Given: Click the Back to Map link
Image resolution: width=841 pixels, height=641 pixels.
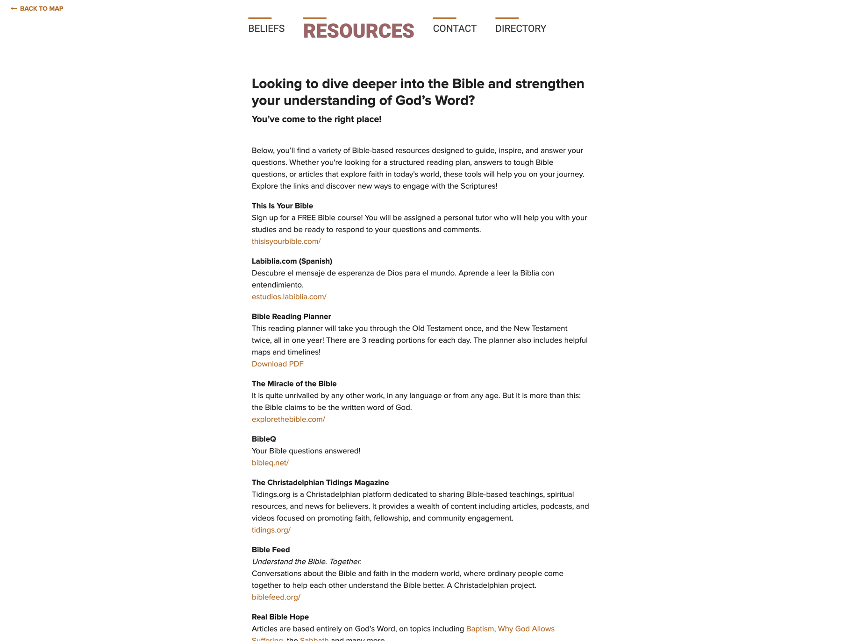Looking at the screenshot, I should coord(37,8).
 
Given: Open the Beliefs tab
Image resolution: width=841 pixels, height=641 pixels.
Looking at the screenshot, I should coord(266,28).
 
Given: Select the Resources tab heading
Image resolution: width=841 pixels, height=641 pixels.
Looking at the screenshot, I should coord(358,31).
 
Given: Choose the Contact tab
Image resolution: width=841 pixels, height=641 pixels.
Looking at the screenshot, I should coord(454,28).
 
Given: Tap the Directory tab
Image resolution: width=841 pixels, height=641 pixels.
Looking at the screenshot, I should coord(520,28).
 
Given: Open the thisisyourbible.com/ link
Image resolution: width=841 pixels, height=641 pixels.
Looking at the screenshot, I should coord(286,241).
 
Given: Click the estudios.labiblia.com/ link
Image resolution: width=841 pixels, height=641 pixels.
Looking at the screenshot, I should coord(289,296).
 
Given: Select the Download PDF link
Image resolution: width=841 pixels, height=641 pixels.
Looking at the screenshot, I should coord(278,364).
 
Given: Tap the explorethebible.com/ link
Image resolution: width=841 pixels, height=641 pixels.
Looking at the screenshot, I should coord(288,419).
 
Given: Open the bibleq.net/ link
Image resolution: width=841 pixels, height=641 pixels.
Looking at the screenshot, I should coord(270,463).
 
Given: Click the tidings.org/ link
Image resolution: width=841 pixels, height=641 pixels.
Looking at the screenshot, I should coord(271,530).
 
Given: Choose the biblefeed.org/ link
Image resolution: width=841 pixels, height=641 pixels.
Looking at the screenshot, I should coord(276,597).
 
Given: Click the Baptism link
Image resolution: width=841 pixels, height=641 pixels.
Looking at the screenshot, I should coord(480,629).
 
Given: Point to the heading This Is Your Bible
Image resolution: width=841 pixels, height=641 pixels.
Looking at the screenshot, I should coord(282,206).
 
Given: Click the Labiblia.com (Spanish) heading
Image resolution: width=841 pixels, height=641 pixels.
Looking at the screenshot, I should coord(292,261).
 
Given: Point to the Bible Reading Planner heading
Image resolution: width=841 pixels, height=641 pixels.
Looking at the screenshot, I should coord(291,317).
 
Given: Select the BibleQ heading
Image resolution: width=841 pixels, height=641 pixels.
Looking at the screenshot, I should coord(264,439).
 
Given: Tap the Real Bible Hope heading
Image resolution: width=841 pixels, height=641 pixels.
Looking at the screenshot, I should coord(280,617).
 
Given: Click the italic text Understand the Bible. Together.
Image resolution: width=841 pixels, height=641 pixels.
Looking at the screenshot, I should coord(306,562).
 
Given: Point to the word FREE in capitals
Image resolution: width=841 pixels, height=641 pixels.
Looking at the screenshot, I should coord(306,218).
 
